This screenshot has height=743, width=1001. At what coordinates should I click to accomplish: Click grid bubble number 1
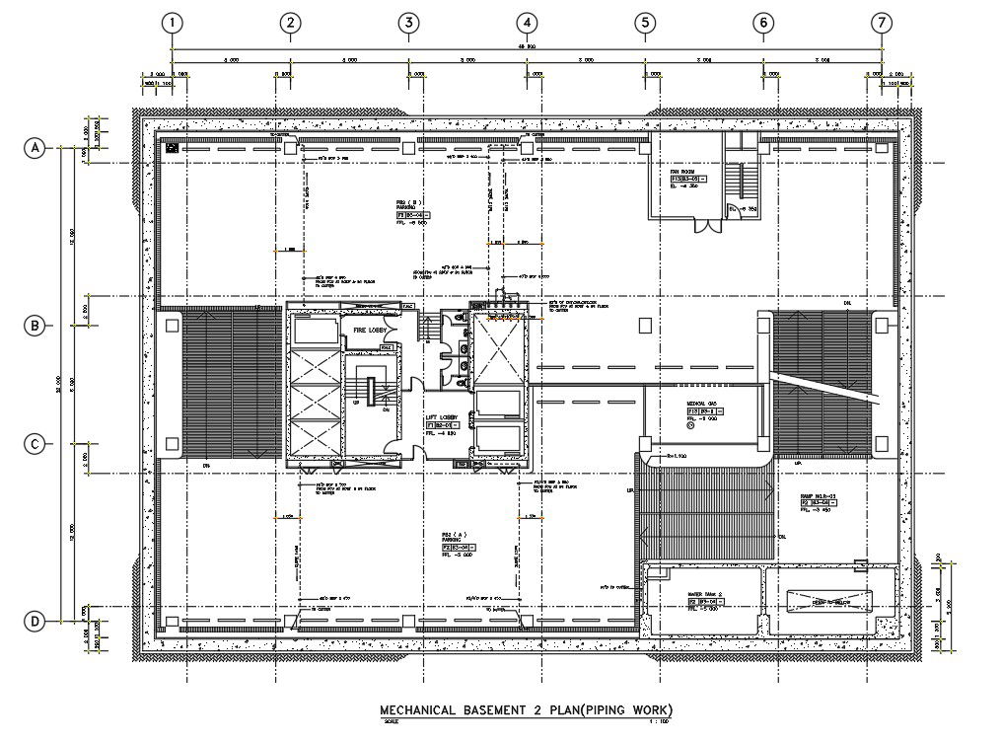pos(173,23)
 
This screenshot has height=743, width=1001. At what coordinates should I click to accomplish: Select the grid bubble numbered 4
pos(527,23)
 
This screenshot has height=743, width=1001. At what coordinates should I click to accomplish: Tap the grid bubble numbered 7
pos(881,23)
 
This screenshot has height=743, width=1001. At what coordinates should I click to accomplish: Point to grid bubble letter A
pos(36,148)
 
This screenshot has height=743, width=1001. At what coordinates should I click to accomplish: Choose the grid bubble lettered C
pos(36,445)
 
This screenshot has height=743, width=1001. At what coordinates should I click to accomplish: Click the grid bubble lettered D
pos(36,621)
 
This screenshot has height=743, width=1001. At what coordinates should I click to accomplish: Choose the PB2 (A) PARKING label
pos(454,539)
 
